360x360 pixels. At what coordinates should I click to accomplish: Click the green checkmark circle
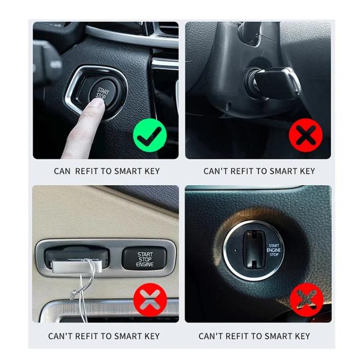point(150,135)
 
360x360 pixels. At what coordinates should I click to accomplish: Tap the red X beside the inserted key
point(305,135)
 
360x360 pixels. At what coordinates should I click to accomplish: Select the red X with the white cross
point(150,300)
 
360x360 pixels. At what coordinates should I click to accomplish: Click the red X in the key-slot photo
point(307,300)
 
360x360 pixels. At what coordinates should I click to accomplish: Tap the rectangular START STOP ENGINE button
point(144,259)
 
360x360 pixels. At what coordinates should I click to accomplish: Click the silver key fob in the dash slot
point(76,266)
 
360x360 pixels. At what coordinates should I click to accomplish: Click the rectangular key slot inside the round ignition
point(254,250)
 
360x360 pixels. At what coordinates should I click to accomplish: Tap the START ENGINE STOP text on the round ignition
point(274,250)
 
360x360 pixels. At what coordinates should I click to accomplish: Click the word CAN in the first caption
point(62,171)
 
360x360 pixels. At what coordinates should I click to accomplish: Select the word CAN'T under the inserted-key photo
point(215,171)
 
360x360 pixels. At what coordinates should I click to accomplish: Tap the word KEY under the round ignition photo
point(302,336)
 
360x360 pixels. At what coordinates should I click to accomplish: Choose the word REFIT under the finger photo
point(87,171)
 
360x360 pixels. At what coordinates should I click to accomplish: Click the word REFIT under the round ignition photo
point(237,336)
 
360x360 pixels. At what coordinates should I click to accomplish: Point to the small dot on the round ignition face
point(235,250)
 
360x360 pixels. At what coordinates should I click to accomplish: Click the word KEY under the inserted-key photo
point(307,171)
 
